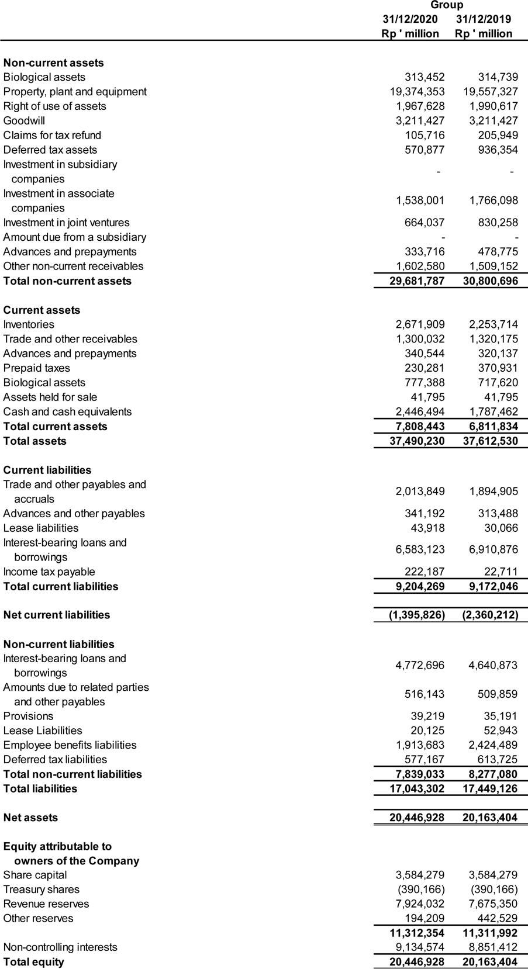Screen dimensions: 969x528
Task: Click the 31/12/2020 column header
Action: pos(410,19)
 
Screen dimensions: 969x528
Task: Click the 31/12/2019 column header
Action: pos(484,19)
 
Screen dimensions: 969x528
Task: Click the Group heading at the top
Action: pos(447,5)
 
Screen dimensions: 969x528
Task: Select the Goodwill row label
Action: pos(24,121)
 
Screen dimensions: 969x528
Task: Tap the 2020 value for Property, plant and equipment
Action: pos(417,92)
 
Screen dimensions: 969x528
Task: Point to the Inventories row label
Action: pos(29,324)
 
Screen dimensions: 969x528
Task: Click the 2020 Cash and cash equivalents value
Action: pos(420,412)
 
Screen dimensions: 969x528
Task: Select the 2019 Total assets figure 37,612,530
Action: pos(490,441)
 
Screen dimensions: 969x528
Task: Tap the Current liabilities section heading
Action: pos(47,470)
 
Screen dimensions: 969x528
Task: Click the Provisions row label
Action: pos(28,717)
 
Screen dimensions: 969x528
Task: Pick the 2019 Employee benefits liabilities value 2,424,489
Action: pos(493,745)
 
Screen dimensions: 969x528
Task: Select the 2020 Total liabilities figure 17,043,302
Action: pos(417,789)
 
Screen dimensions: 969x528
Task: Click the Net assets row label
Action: pos(30,818)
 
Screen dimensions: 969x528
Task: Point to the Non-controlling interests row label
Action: pos(60,947)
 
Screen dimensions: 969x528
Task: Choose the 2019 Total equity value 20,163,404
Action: pos(490,962)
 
